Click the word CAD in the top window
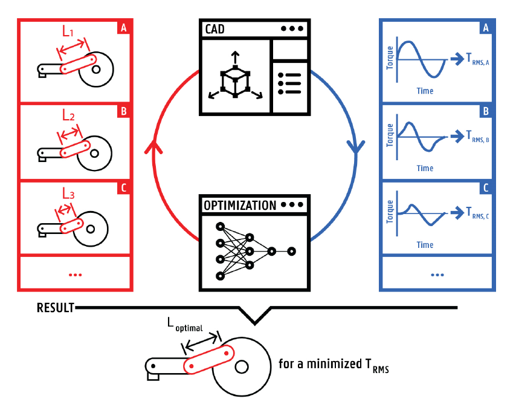(214, 29)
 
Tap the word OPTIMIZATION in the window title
(239, 205)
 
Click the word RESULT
(55, 308)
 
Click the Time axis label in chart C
(425, 245)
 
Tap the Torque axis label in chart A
(390, 55)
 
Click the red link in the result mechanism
(208, 360)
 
